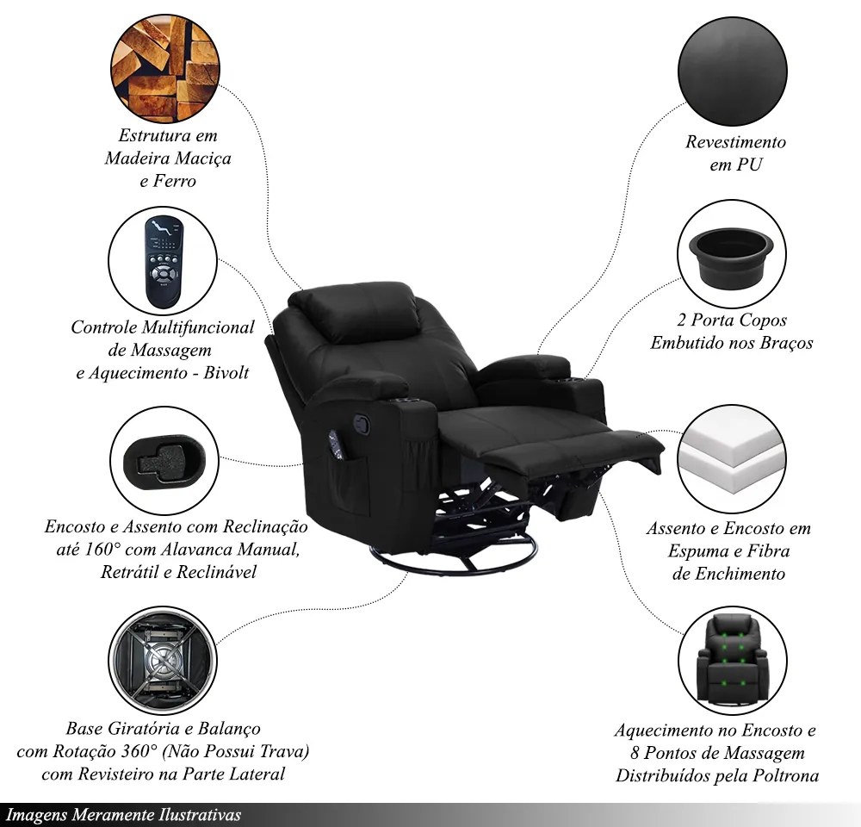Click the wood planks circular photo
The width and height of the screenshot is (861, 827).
[165, 68]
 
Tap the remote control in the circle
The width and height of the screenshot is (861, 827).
[163, 262]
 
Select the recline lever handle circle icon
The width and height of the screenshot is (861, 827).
[164, 461]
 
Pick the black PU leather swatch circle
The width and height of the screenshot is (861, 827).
[733, 72]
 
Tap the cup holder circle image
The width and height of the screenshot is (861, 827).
[731, 254]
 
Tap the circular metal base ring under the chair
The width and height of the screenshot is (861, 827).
[453, 557]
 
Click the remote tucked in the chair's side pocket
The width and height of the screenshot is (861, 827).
[336, 444]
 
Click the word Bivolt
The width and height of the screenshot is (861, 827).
[226, 372]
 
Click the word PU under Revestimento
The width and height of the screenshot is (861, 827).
[749, 165]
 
